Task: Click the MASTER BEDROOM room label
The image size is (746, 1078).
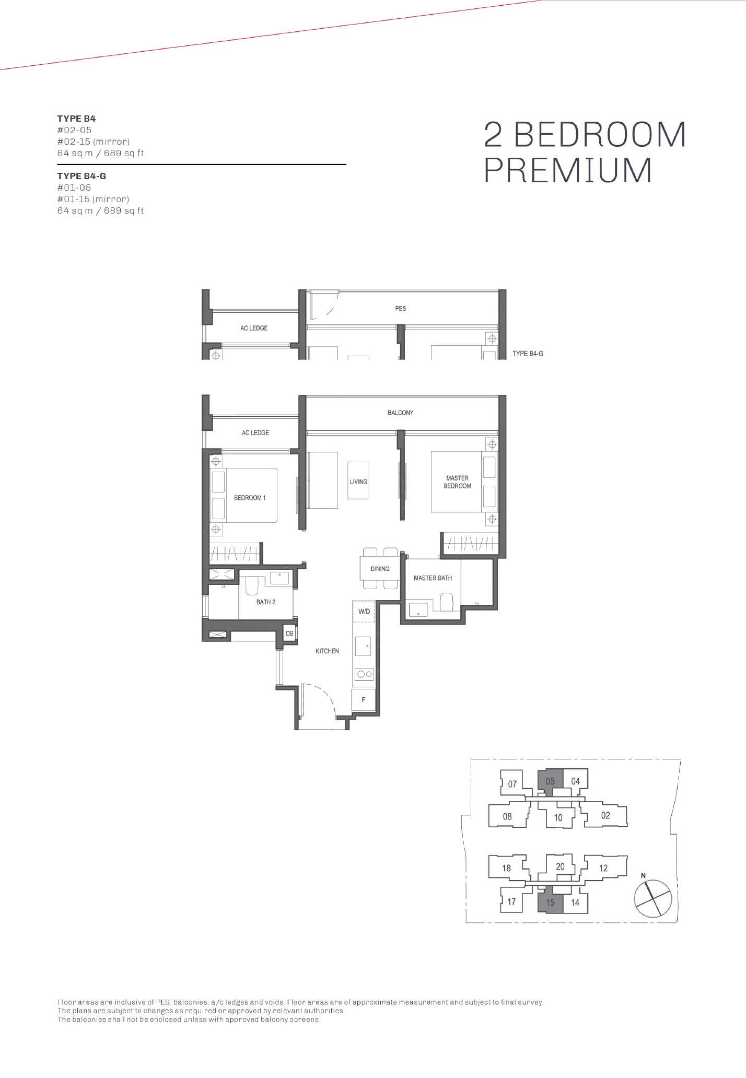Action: (x=457, y=482)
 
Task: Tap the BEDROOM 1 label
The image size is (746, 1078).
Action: (x=250, y=498)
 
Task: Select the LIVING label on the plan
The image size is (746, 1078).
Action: (x=358, y=482)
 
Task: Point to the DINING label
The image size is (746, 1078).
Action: (x=380, y=569)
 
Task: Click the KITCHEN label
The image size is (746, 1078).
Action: (x=327, y=651)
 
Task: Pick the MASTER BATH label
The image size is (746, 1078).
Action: (x=433, y=578)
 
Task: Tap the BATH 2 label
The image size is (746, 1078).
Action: (x=265, y=602)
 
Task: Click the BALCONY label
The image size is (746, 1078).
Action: (x=400, y=413)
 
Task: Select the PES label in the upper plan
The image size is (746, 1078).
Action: (x=400, y=308)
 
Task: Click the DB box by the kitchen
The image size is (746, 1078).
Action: (x=289, y=634)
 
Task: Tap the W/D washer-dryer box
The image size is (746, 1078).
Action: (x=364, y=612)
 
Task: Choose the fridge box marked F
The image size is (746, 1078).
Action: (x=364, y=700)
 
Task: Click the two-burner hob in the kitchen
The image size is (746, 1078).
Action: (x=364, y=674)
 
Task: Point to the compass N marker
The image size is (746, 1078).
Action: (x=643, y=875)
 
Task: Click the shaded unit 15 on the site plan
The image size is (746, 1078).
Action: (x=550, y=901)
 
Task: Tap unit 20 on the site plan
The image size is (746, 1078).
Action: (x=560, y=866)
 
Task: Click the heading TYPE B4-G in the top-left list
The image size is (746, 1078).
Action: (x=81, y=176)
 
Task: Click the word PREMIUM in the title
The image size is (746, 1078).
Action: (x=568, y=170)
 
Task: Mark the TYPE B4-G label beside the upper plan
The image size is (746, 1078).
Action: (x=528, y=354)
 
